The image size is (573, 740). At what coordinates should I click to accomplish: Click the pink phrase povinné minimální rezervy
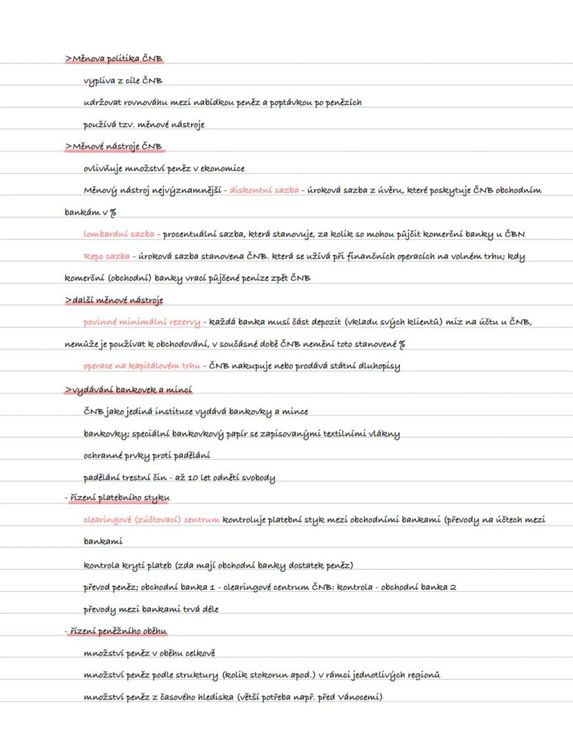click(142, 322)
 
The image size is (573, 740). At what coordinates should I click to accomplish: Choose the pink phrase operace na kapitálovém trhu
click(142, 366)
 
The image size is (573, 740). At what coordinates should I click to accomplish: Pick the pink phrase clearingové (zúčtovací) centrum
click(152, 519)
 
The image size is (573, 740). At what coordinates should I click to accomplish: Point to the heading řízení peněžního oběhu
click(118, 630)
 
